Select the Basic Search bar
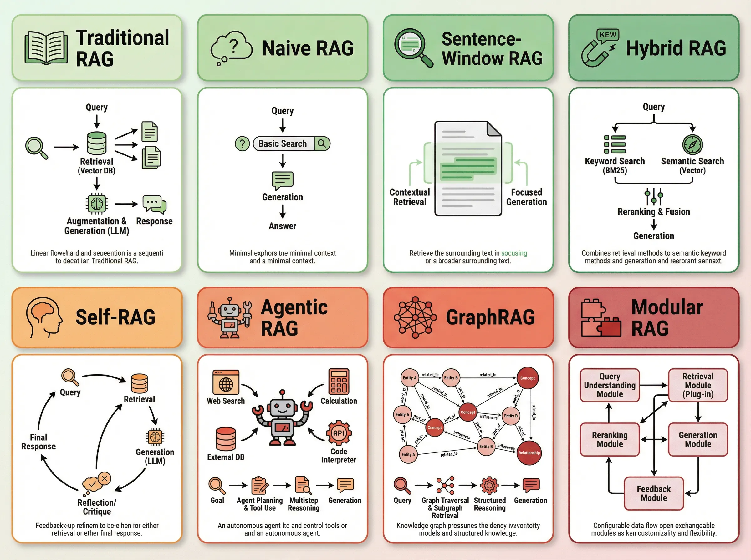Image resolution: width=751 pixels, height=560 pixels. tap(291, 144)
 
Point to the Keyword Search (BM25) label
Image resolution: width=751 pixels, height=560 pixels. tap(615, 165)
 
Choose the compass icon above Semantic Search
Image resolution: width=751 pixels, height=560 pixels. tap(692, 144)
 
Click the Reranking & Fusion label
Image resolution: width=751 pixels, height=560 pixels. tap(654, 212)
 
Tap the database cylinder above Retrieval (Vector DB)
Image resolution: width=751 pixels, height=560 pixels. tap(97, 143)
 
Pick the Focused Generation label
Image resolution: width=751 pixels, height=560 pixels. tap(526, 197)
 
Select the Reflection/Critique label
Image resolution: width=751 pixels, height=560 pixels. tap(97, 507)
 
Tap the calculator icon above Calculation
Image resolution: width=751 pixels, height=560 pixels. tap(338, 382)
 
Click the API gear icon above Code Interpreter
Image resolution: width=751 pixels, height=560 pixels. tap(339, 433)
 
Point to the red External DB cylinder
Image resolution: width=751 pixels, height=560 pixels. tap(226, 439)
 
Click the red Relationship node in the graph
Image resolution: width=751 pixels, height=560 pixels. tap(529, 453)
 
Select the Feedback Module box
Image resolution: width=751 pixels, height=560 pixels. tap(654, 493)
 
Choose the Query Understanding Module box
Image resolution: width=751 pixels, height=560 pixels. tap(610, 385)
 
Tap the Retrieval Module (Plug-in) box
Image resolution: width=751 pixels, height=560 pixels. tap(698, 385)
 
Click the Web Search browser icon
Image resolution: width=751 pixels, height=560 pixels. tap(226, 382)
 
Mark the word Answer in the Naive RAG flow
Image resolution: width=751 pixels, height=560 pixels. tap(282, 226)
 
